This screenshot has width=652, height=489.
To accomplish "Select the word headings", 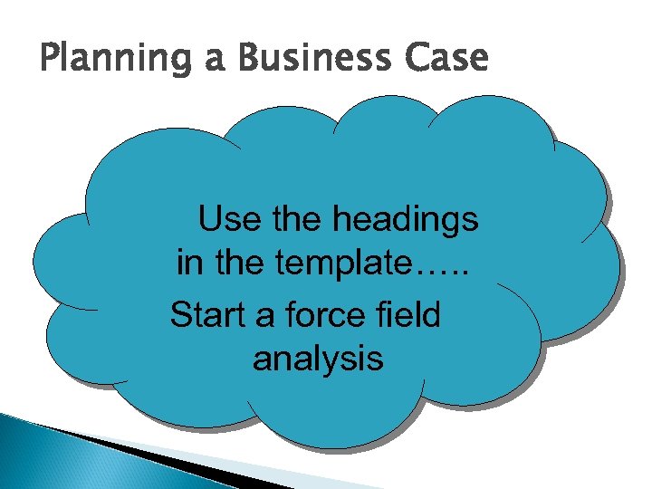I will (406, 221).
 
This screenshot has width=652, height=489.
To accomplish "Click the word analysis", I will (318, 360).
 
